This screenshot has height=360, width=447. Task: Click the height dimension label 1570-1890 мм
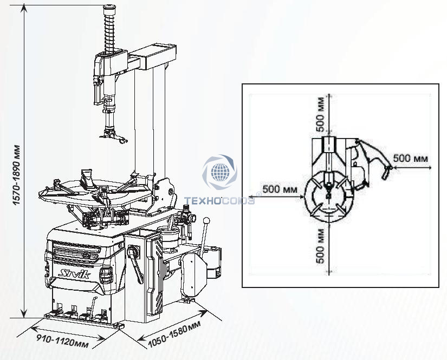[x=17, y=175]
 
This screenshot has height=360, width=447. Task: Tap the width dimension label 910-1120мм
[x=63, y=341]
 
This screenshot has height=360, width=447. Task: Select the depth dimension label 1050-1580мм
[x=174, y=334]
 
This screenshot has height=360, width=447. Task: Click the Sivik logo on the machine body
[x=75, y=274]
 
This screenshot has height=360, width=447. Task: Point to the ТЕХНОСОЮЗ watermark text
[x=219, y=201]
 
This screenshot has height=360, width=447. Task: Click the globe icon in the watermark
[x=220, y=172]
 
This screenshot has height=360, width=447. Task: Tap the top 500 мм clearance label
[x=321, y=114]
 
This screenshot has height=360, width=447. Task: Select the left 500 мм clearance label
[x=280, y=189]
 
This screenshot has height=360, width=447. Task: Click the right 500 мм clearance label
[x=411, y=158]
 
